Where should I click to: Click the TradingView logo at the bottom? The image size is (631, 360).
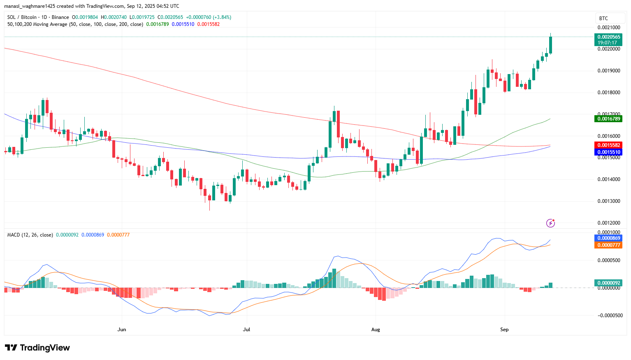tap(37, 348)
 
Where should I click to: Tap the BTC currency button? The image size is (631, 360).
tap(603, 19)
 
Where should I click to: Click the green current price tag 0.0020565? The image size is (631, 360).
tap(609, 37)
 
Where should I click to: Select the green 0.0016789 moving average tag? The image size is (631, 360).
tap(609, 119)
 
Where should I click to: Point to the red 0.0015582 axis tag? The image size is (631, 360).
tap(609, 145)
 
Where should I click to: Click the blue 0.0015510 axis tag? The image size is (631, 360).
tap(609, 152)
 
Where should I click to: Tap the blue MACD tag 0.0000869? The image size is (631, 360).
tap(609, 238)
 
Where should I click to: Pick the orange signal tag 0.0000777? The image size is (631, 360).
tap(609, 245)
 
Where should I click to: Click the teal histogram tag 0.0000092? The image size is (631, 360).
tap(609, 283)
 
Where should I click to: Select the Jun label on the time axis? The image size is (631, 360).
tap(121, 330)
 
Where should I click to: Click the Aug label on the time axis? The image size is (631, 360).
tap(375, 330)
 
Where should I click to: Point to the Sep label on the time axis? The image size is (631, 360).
tap(504, 330)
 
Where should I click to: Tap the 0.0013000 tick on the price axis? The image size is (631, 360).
tap(609, 201)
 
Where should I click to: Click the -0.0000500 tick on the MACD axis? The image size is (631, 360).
tap(610, 316)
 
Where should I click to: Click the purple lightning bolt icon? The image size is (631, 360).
tap(550, 223)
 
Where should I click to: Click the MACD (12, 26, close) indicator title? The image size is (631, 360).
tap(30, 235)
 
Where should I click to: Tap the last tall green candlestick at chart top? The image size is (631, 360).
tap(550, 44)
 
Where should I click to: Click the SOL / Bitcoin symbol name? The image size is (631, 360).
tap(22, 17)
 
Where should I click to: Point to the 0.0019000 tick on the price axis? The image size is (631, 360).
tap(609, 71)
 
